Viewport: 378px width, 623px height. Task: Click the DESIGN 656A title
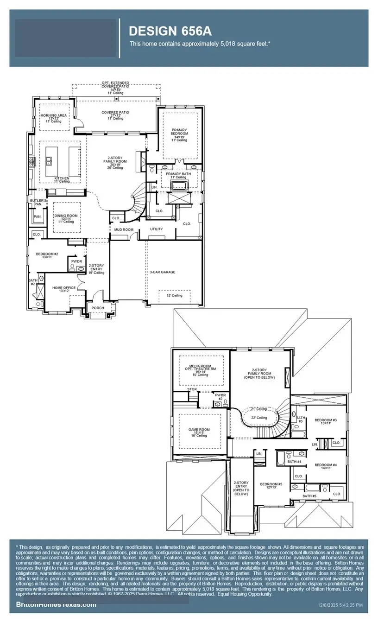click(x=170, y=31)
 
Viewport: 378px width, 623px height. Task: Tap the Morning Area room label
click(x=53, y=115)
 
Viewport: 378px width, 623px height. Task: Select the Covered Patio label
click(x=115, y=113)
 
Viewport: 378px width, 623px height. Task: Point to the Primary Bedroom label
click(x=179, y=132)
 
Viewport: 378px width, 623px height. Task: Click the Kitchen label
click(x=61, y=178)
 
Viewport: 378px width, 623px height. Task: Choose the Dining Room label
click(x=66, y=216)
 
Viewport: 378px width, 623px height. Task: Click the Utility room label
click(x=156, y=229)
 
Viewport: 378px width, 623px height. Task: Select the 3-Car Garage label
click(x=162, y=272)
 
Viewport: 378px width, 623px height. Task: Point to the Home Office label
click(x=63, y=288)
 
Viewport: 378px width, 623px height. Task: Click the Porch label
click(x=98, y=308)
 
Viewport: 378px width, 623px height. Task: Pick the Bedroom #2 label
click(x=46, y=254)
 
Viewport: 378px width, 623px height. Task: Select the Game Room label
click(x=200, y=429)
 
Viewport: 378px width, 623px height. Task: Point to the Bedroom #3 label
click(x=325, y=420)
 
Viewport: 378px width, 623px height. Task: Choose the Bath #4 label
click(x=294, y=462)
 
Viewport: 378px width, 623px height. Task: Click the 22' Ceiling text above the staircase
click(x=259, y=418)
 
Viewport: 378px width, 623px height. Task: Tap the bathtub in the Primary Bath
click(x=178, y=186)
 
